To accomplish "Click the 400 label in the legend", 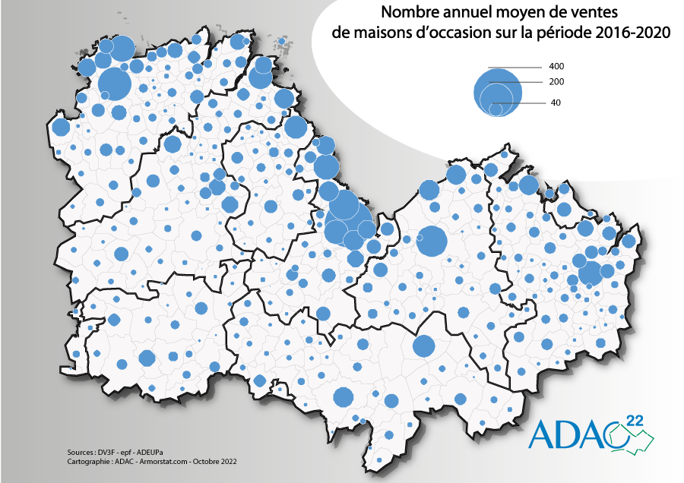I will point(556,66).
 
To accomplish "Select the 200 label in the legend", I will point(556,82).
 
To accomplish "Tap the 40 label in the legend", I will point(556,103).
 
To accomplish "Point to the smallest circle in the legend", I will point(496,109).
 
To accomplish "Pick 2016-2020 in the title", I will point(632,33).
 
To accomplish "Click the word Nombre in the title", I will point(407,12).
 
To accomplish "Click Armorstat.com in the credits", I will point(164,460).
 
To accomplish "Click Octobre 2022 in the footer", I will point(214,460).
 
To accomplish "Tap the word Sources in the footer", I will point(81,451).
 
